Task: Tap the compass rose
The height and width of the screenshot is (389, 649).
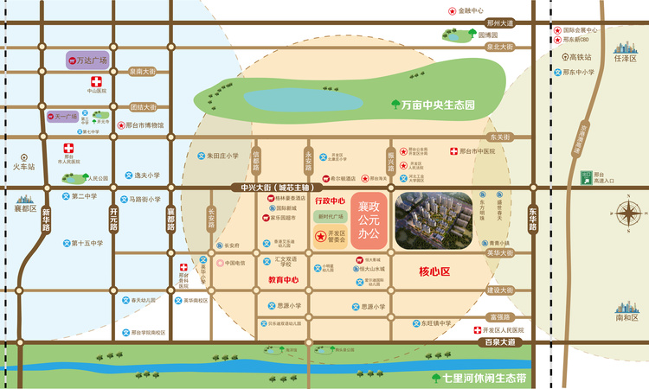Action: click(x=627, y=212)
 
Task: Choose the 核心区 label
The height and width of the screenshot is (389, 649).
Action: click(x=434, y=272)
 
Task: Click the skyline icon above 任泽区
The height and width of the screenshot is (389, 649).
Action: click(x=624, y=46)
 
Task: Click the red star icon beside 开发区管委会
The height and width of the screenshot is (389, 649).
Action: click(x=320, y=235)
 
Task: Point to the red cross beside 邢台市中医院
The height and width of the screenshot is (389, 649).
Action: click(x=454, y=151)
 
